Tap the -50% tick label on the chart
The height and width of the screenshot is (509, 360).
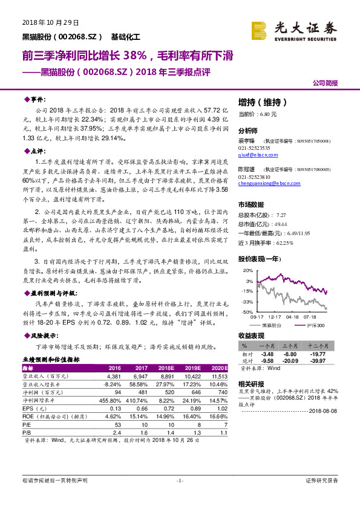pos(249,313)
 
